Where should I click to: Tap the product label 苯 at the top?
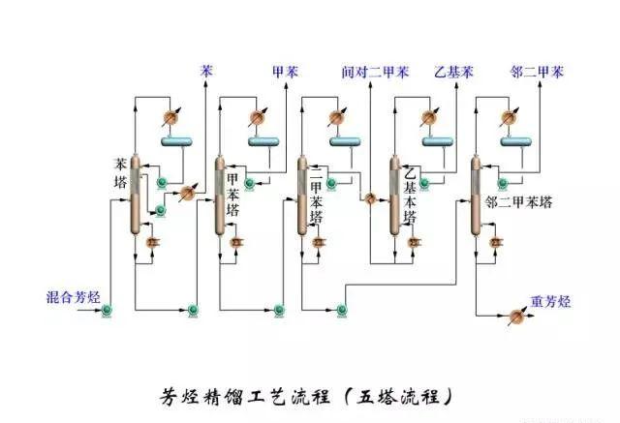tap(206, 72)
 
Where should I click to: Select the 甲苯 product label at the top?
tap(285, 72)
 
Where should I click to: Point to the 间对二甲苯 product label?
tap(375, 72)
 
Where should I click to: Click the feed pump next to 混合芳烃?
tap(108, 310)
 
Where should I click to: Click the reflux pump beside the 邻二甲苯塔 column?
tap(501, 180)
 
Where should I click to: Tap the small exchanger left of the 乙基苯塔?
tap(368, 197)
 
